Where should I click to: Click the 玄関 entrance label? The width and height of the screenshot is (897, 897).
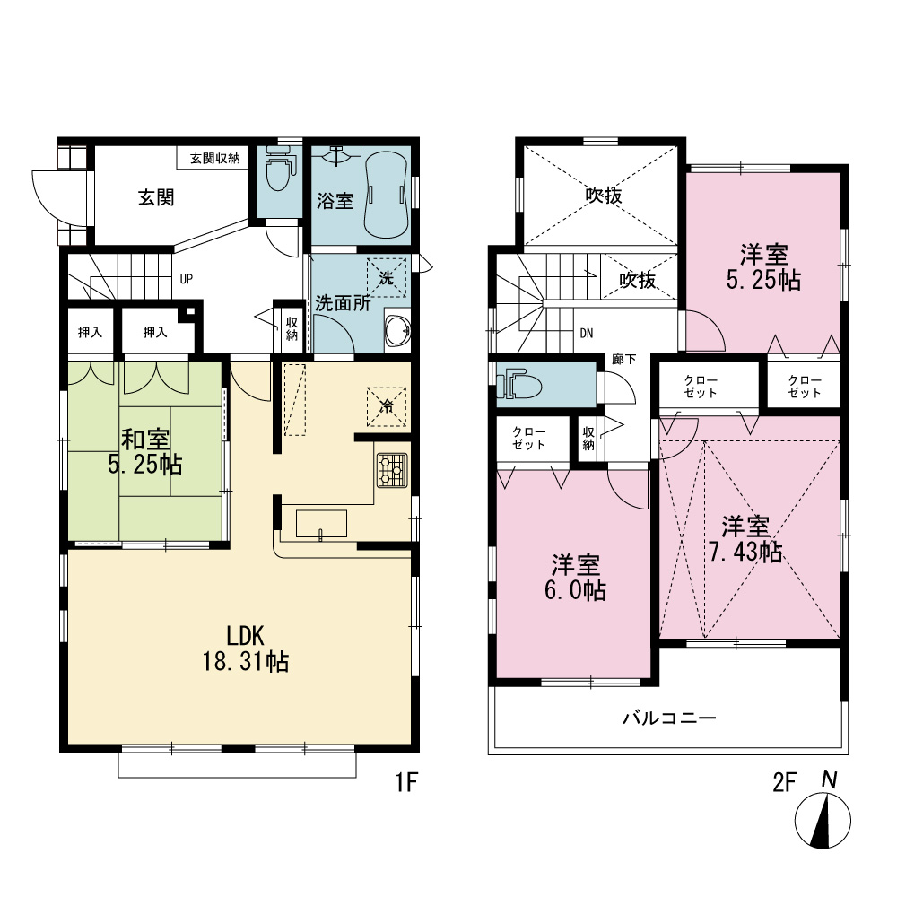156,198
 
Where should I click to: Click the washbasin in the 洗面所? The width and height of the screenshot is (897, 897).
398,331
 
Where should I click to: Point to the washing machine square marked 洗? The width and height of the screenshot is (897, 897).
387,278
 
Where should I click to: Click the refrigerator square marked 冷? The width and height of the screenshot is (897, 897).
387,406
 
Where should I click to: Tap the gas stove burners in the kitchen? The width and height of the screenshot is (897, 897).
392,470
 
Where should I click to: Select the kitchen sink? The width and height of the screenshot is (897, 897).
321,524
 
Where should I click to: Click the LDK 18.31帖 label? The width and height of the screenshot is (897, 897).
246,649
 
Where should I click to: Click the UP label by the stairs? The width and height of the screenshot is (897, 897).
187,279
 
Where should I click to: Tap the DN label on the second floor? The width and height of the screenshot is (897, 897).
587,333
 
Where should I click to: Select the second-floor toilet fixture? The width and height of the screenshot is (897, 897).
518,386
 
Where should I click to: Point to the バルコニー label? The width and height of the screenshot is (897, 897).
669,718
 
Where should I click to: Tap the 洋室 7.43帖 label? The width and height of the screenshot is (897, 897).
745,539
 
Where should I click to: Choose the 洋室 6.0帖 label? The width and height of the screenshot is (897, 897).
576,577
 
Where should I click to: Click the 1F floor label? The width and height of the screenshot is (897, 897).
407,782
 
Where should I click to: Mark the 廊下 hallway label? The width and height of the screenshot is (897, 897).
623,360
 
